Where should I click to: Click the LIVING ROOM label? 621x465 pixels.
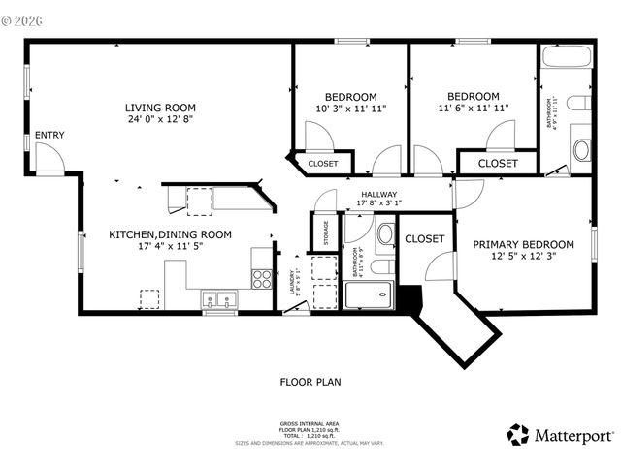(160, 108)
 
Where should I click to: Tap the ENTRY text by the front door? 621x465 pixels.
(49, 135)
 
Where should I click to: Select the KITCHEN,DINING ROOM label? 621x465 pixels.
(170, 233)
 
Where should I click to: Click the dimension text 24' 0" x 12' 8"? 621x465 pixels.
(160, 120)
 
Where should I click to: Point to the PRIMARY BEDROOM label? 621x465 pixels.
(523, 244)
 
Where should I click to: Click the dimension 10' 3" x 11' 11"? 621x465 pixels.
(350, 108)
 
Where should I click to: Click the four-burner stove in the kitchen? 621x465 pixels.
(262, 279)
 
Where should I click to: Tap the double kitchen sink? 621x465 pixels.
(219, 299)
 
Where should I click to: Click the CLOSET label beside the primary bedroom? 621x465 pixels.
(424, 238)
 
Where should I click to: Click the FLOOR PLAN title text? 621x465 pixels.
(310, 381)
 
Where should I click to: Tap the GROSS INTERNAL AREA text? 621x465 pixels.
(310, 424)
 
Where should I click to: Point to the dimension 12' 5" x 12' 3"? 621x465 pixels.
(523, 257)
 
